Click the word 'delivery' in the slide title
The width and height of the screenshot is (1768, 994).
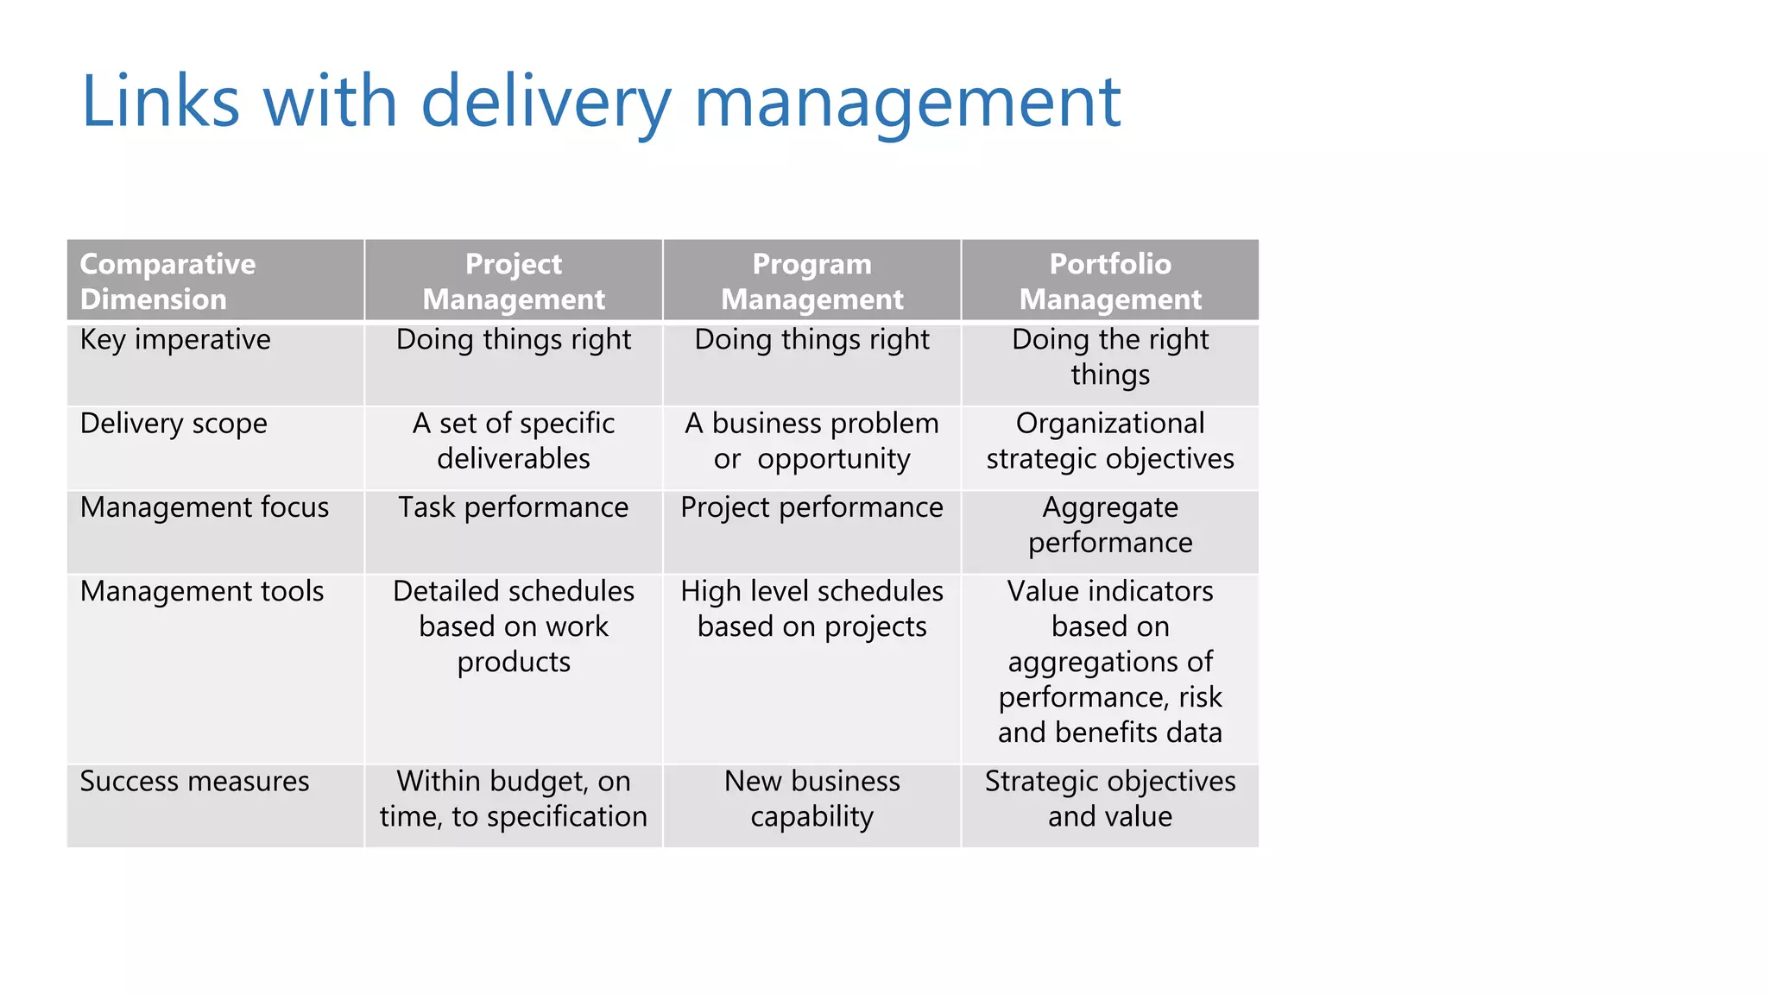tap(546, 102)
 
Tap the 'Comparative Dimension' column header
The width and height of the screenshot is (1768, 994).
tap(167, 281)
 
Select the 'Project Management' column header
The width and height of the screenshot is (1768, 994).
tap(514, 281)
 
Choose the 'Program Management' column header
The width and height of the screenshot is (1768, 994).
tap(811, 281)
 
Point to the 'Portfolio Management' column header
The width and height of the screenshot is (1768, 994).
tap(1110, 281)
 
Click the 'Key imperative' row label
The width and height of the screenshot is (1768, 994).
tap(175, 340)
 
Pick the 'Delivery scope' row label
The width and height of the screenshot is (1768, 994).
tap(174, 424)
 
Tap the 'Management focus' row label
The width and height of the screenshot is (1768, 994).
tap(205, 507)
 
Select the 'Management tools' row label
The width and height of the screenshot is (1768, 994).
tap(202, 591)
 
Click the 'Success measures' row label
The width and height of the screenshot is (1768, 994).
tap(194, 781)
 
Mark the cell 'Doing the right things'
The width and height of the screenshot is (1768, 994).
tap(1110, 357)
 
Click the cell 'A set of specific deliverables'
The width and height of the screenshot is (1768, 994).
tap(514, 441)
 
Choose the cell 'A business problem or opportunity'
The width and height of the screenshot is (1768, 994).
tap(811, 441)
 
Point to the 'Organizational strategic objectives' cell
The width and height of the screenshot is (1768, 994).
tap(1110, 441)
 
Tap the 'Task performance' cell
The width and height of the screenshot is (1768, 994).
tap(514, 507)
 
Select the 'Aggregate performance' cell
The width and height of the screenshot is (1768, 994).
tap(1110, 525)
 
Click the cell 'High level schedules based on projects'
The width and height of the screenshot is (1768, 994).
tap(811, 609)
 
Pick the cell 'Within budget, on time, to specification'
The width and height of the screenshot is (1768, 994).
tap(514, 799)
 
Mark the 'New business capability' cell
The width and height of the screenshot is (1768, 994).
tap(811, 799)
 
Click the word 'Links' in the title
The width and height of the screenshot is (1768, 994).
tap(161, 102)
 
